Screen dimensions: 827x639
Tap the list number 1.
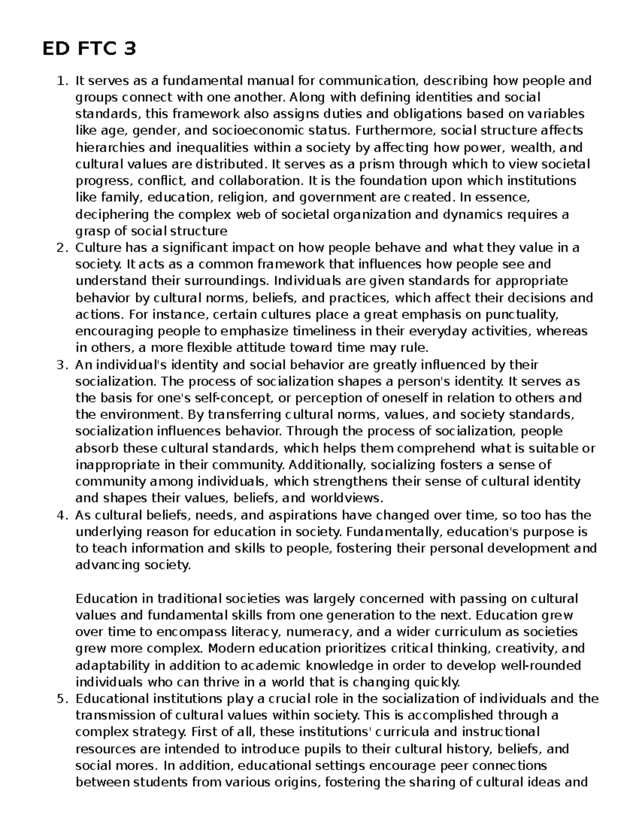click(62, 81)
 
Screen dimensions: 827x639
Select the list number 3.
click(62, 365)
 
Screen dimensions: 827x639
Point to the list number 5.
click(62, 699)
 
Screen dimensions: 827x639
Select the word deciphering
click(108, 215)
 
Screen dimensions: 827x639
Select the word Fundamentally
click(395, 532)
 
